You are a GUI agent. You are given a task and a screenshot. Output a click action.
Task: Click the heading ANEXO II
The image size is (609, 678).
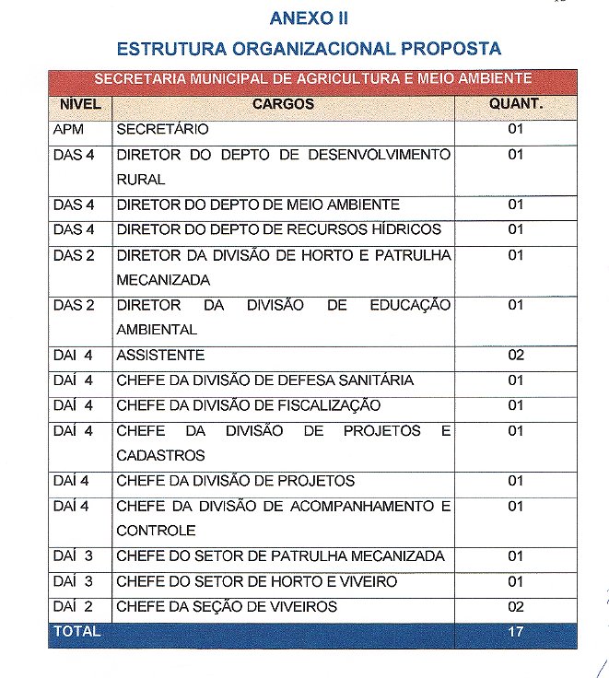[309, 18]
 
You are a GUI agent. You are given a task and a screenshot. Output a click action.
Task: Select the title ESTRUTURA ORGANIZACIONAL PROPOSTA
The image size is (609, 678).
[310, 47]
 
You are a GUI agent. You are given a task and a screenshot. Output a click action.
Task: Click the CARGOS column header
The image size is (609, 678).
[284, 104]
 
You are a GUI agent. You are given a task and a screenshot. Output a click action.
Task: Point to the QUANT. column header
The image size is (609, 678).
[516, 104]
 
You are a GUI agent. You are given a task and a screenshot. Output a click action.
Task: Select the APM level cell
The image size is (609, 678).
[69, 130]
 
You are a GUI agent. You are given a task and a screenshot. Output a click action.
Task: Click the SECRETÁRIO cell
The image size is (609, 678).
[163, 130]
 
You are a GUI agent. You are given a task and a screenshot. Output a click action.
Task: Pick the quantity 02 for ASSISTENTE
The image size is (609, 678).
[516, 355]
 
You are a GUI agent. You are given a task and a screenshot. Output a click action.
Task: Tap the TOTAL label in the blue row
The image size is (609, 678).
[77, 632]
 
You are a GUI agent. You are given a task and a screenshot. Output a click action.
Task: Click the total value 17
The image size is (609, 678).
[516, 632]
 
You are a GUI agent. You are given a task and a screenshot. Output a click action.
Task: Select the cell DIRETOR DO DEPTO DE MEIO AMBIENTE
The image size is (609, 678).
[258, 205]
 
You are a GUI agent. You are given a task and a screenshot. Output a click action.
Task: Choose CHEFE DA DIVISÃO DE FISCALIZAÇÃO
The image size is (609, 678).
[249, 405]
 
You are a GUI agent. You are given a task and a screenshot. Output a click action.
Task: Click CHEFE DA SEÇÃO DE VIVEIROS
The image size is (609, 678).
[227, 606]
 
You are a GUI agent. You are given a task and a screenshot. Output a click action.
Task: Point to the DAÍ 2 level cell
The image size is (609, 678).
[74, 606]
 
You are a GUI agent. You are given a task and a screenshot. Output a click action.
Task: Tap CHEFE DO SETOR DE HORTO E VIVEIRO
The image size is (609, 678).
[257, 581]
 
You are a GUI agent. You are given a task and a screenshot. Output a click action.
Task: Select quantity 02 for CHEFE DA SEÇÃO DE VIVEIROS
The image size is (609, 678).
[516, 606]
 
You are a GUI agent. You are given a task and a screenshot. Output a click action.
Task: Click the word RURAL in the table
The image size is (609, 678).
[141, 180]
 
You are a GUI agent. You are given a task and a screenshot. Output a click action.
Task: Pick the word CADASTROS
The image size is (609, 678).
[160, 455]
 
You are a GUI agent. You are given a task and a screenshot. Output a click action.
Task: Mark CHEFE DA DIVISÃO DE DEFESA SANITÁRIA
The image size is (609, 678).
[265, 380]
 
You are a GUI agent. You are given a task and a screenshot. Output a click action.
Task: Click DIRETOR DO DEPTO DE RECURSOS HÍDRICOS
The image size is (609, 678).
[279, 229]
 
